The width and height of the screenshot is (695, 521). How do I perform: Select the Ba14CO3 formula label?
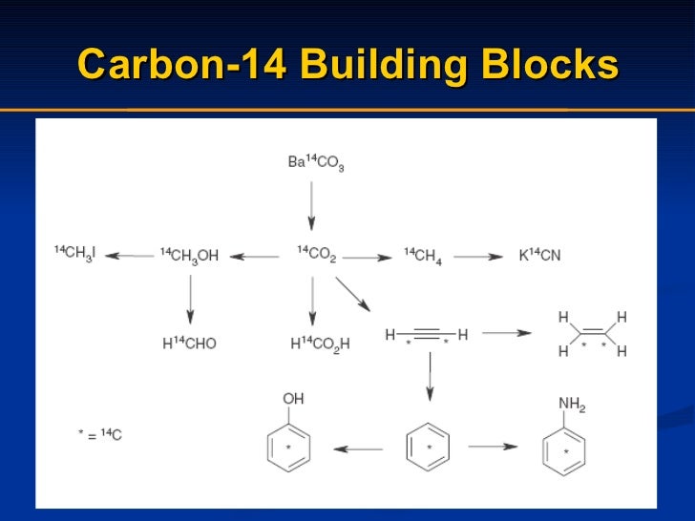click(x=315, y=162)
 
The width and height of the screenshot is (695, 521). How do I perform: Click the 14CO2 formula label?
click(x=316, y=255)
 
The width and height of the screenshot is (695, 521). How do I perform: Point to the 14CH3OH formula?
click(x=189, y=255)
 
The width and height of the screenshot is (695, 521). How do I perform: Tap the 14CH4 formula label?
click(x=423, y=255)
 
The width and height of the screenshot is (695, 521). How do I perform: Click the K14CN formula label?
click(x=539, y=255)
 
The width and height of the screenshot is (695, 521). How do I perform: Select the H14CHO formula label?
click(x=189, y=343)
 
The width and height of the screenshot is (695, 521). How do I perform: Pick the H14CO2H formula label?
click(x=320, y=343)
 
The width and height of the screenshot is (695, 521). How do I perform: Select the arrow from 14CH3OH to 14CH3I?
click(x=129, y=256)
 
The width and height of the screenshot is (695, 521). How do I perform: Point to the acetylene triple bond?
click(x=427, y=334)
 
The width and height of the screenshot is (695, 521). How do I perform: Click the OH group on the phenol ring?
click(x=293, y=398)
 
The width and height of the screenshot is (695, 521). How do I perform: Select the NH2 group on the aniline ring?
click(x=572, y=405)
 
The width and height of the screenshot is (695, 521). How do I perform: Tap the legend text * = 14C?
click(x=99, y=435)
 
